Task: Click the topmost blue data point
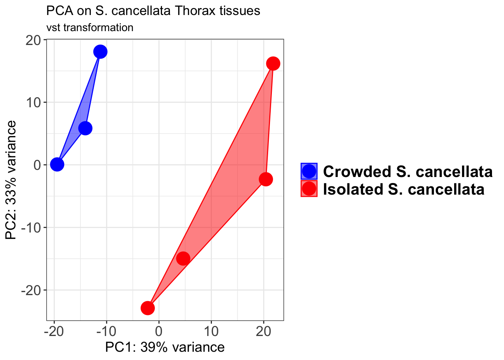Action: (x=100, y=51)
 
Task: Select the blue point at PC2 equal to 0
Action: (x=57, y=164)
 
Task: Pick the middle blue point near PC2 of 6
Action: (x=85, y=128)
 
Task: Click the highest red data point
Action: (x=273, y=63)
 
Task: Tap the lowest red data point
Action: (x=148, y=308)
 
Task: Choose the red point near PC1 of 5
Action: (x=183, y=258)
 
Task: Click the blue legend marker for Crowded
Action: (x=309, y=171)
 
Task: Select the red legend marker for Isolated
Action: (x=309, y=189)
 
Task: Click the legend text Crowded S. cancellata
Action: (x=408, y=171)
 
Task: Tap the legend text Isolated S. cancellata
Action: (x=403, y=189)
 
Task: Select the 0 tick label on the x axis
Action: (x=159, y=331)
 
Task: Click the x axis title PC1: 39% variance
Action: (x=165, y=347)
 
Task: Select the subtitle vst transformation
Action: (x=90, y=27)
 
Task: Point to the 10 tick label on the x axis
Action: (x=211, y=331)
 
